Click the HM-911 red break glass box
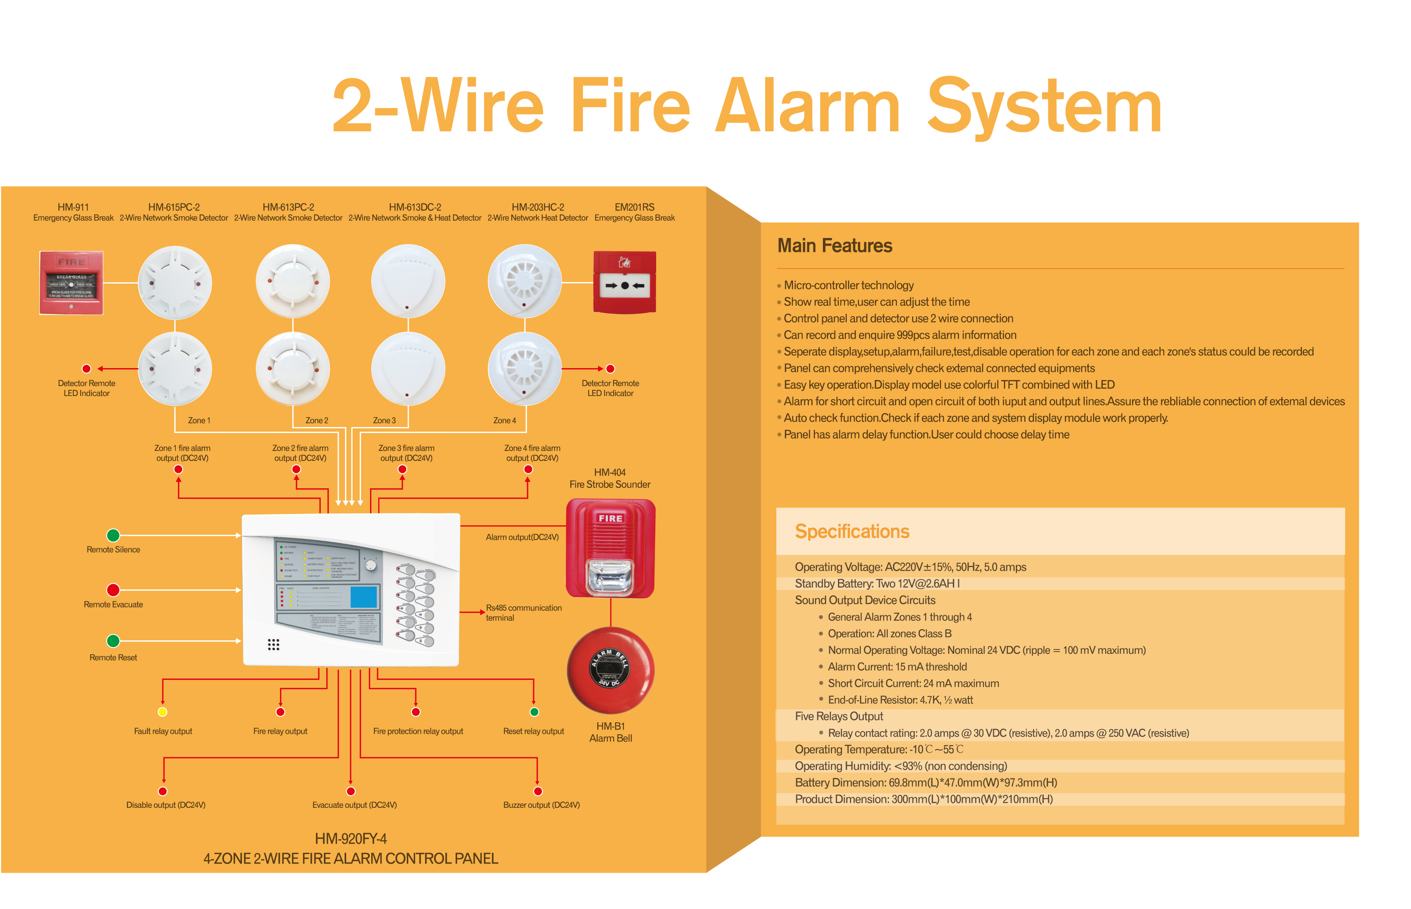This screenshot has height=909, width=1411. click(71, 283)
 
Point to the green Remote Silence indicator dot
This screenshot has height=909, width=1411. click(113, 535)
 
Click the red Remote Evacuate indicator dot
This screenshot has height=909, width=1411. click(113, 590)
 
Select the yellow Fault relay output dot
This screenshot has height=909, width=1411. click(162, 712)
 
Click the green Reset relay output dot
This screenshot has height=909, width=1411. click(534, 712)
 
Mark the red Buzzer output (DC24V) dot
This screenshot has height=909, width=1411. click(537, 791)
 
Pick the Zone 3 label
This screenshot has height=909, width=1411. click(384, 420)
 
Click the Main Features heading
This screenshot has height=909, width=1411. click(834, 246)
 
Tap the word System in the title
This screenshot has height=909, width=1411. click(1043, 106)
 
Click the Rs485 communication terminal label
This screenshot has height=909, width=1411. click(523, 613)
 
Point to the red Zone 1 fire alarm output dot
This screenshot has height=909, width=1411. click(178, 469)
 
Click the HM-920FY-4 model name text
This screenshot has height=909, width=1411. click(351, 839)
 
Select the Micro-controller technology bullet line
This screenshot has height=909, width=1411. click(848, 285)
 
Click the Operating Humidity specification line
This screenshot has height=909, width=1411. click(900, 766)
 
